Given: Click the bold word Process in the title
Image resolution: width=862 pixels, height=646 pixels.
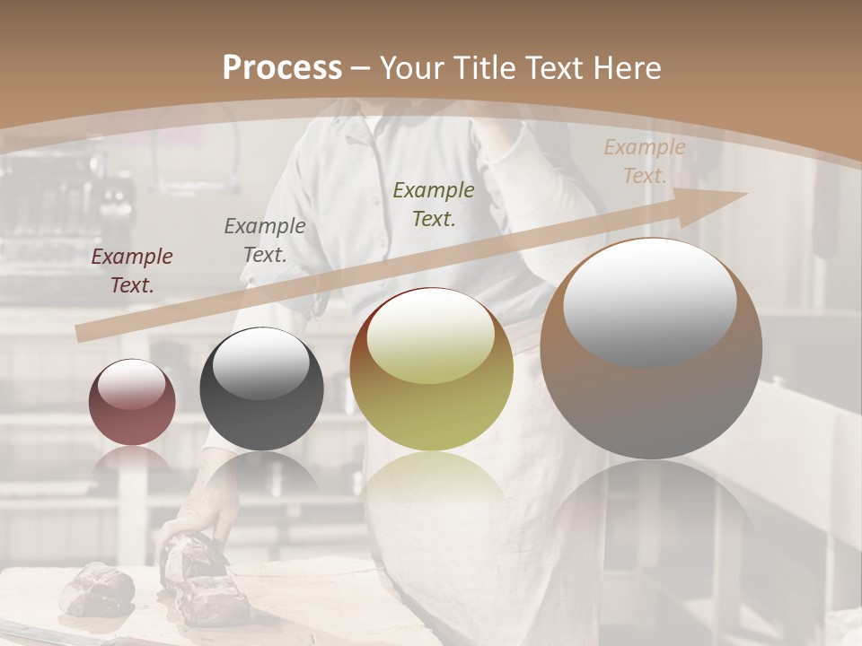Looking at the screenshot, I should tap(282, 68).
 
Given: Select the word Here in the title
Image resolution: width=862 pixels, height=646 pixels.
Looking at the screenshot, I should tap(625, 68).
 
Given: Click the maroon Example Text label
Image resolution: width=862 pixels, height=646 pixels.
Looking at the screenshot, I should tap(132, 271).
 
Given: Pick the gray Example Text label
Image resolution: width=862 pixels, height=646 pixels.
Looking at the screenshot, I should tap(264, 240).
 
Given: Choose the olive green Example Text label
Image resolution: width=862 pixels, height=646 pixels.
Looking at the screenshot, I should tap(434, 205).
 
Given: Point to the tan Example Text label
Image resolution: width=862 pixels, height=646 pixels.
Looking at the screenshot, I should tap(644, 161).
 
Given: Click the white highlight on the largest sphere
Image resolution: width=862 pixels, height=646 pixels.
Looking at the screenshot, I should tap(649, 303).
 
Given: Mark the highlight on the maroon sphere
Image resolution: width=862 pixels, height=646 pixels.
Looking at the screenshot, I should tap(132, 384).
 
